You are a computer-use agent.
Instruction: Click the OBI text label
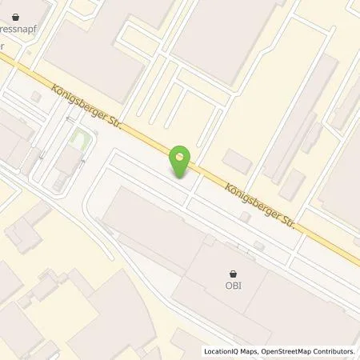(233, 282)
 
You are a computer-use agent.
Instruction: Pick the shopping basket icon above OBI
(233, 271)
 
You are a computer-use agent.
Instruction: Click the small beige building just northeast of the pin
(238, 160)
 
